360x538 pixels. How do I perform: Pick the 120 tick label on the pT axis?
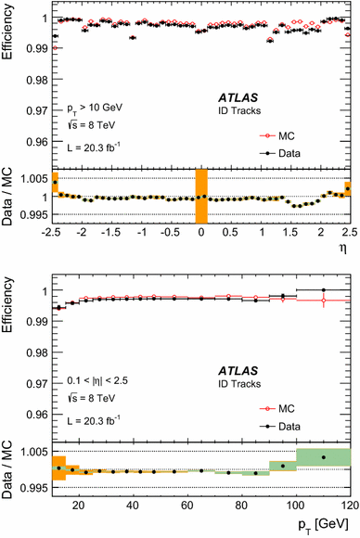click(x=348, y=506)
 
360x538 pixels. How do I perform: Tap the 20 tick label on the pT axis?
click(x=79, y=506)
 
